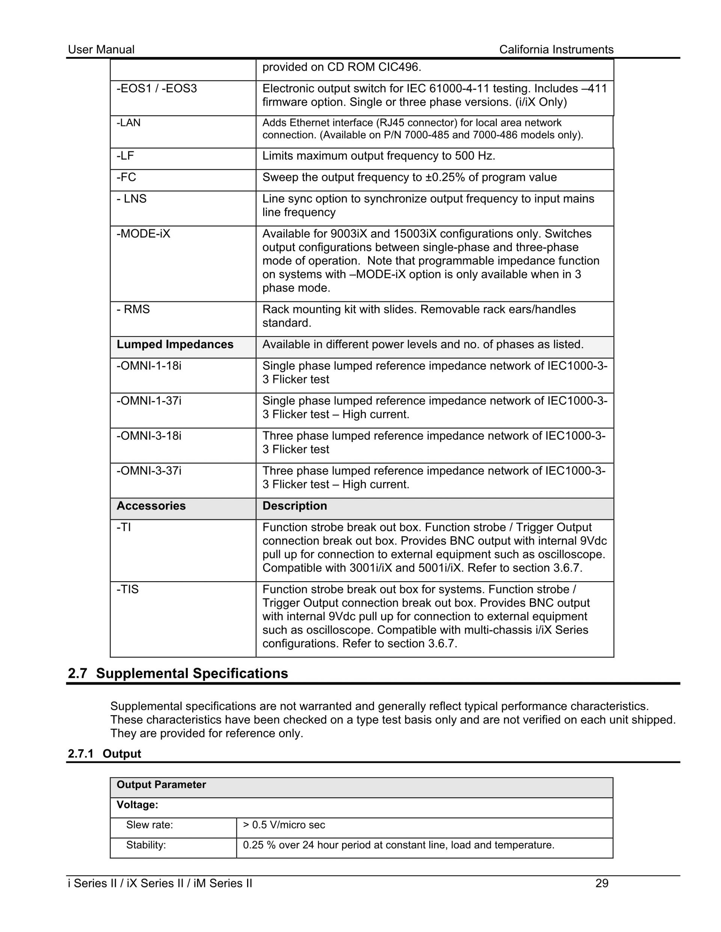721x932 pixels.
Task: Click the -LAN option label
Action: tap(128, 123)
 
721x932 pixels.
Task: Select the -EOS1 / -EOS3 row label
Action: tap(157, 89)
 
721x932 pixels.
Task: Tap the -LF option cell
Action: tap(125, 156)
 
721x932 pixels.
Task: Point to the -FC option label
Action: tap(127, 177)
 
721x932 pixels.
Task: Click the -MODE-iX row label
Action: tap(143, 234)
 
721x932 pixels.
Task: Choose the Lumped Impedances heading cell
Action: tap(175, 344)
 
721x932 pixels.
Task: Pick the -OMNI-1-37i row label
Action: tap(149, 401)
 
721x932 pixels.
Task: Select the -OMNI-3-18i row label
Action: tap(149, 436)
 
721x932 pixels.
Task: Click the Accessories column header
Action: tap(151, 506)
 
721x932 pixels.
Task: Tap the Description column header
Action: tap(295, 506)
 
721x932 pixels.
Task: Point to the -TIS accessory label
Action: tap(128, 589)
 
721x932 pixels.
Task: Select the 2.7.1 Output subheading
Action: tap(105, 754)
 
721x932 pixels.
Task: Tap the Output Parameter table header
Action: tap(161, 785)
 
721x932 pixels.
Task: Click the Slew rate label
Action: tap(149, 825)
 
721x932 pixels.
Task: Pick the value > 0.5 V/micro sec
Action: tap(284, 825)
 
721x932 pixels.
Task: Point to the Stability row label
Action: tap(146, 845)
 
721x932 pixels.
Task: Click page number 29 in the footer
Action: tap(602, 883)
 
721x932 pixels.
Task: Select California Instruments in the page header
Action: tap(556, 50)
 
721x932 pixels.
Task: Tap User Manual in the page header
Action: tap(101, 50)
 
